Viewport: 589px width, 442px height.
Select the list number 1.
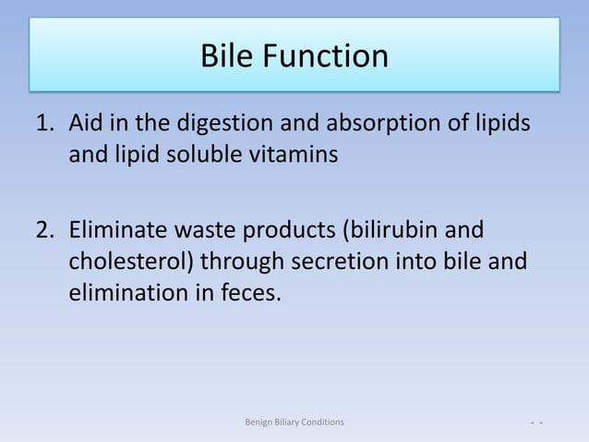click(x=44, y=123)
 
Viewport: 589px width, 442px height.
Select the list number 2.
click(x=44, y=230)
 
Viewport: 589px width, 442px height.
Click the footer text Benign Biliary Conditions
click(x=294, y=422)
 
